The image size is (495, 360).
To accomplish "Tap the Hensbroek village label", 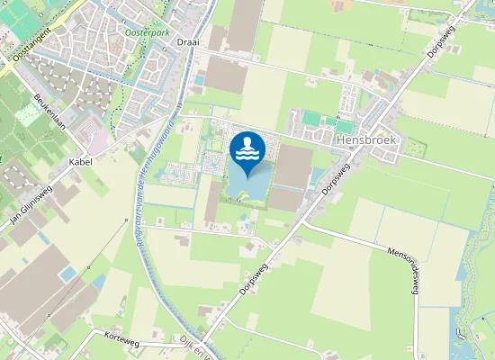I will [x=365, y=140].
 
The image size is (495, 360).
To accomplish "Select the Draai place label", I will [x=187, y=42].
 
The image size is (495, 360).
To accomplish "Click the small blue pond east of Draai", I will [x=199, y=81].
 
